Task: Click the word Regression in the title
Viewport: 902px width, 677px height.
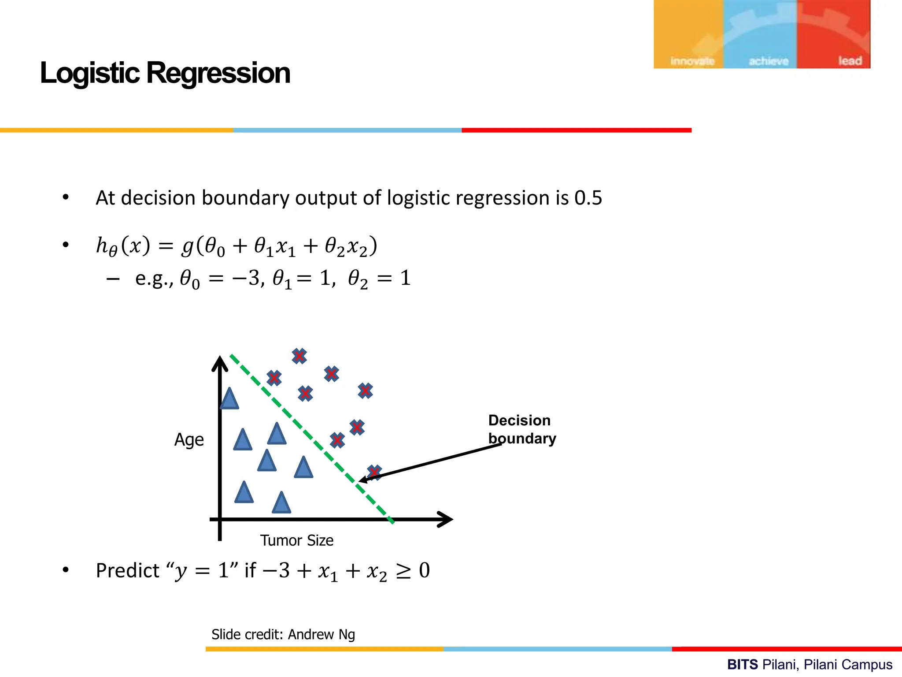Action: pyautogui.click(x=218, y=73)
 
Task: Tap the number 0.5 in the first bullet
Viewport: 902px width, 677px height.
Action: pyautogui.click(x=588, y=198)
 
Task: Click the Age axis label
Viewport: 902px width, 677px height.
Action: pyautogui.click(x=189, y=440)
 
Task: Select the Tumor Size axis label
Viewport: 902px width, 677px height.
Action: pyautogui.click(x=296, y=540)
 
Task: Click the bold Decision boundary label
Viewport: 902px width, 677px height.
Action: pyautogui.click(x=521, y=429)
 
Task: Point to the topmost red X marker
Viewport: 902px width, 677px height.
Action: pyautogui.click(x=299, y=356)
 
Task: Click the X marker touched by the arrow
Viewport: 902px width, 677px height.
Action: pyautogui.click(x=374, y=472)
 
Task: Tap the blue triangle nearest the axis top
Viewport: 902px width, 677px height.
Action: pyautogui.click(x=229, y=398)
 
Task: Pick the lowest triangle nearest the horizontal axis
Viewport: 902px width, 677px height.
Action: pyautogui.click(x=281, y=503)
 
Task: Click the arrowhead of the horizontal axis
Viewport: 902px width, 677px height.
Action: pyautogui.click(x=446, y=519)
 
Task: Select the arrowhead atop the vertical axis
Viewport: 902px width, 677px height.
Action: pyautogui.click(x=220, y=364)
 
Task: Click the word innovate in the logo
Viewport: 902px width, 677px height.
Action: pyautogui.click(x=692, y=61)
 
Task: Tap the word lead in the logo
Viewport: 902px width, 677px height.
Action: pyautogui.click(x=850, y=61)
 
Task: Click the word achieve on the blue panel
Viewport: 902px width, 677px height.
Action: pyautogui.click(x=769, y=61)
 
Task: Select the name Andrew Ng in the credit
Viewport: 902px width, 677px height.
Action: pyautogui.click(x=322, y=635)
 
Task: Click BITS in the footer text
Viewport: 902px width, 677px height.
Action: pyautogui.click(x=742, y=664)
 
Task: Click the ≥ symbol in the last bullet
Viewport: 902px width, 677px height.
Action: pyautogui.click(x=403, y=571)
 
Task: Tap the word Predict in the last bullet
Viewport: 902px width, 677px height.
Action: pyautogui.click(x=127, y=571)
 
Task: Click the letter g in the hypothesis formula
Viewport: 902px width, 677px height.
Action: pyautogui.click(x=188, y=246)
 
